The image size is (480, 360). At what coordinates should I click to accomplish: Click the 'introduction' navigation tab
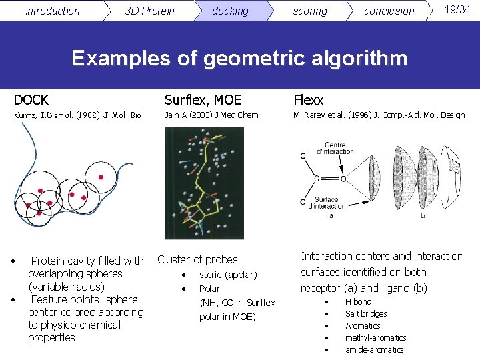click(52, 11)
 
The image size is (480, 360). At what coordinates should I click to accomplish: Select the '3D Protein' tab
click(149, 11)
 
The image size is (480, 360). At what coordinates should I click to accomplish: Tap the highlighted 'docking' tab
click(230, 11)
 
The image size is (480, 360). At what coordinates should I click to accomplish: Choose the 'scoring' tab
click(310, 11)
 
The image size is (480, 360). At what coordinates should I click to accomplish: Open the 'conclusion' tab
click(389, 11)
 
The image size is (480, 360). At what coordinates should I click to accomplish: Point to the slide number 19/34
click(457, 9)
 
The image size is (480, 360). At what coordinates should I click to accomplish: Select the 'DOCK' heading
click(31, 100)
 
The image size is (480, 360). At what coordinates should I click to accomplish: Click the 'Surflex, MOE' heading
click(203, 100)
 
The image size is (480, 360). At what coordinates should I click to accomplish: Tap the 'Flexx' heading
click(308, 100)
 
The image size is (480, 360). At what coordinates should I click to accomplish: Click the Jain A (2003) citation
click(211, 115)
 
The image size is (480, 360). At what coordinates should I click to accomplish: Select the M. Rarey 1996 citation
click(379, 115)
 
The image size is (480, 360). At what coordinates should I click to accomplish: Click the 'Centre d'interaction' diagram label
click(339, 149)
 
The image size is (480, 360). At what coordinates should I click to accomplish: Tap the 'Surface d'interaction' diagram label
click(327, 203)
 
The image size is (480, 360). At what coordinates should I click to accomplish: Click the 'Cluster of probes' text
click(197, 259)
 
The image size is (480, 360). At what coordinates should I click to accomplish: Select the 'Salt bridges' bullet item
click(366, 313)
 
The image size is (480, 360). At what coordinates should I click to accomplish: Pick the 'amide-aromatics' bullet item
click(374, 349)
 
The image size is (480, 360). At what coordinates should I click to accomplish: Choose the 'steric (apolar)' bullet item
click(228, 275)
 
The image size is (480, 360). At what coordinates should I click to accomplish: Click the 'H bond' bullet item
click(358, 301)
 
